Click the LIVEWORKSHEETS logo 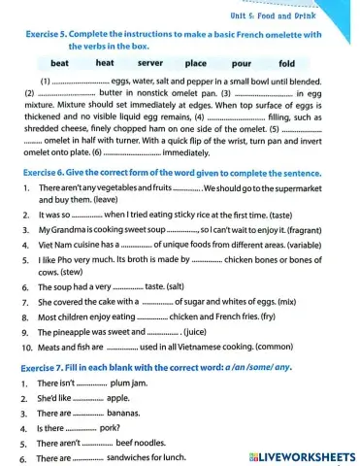(303, 457)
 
